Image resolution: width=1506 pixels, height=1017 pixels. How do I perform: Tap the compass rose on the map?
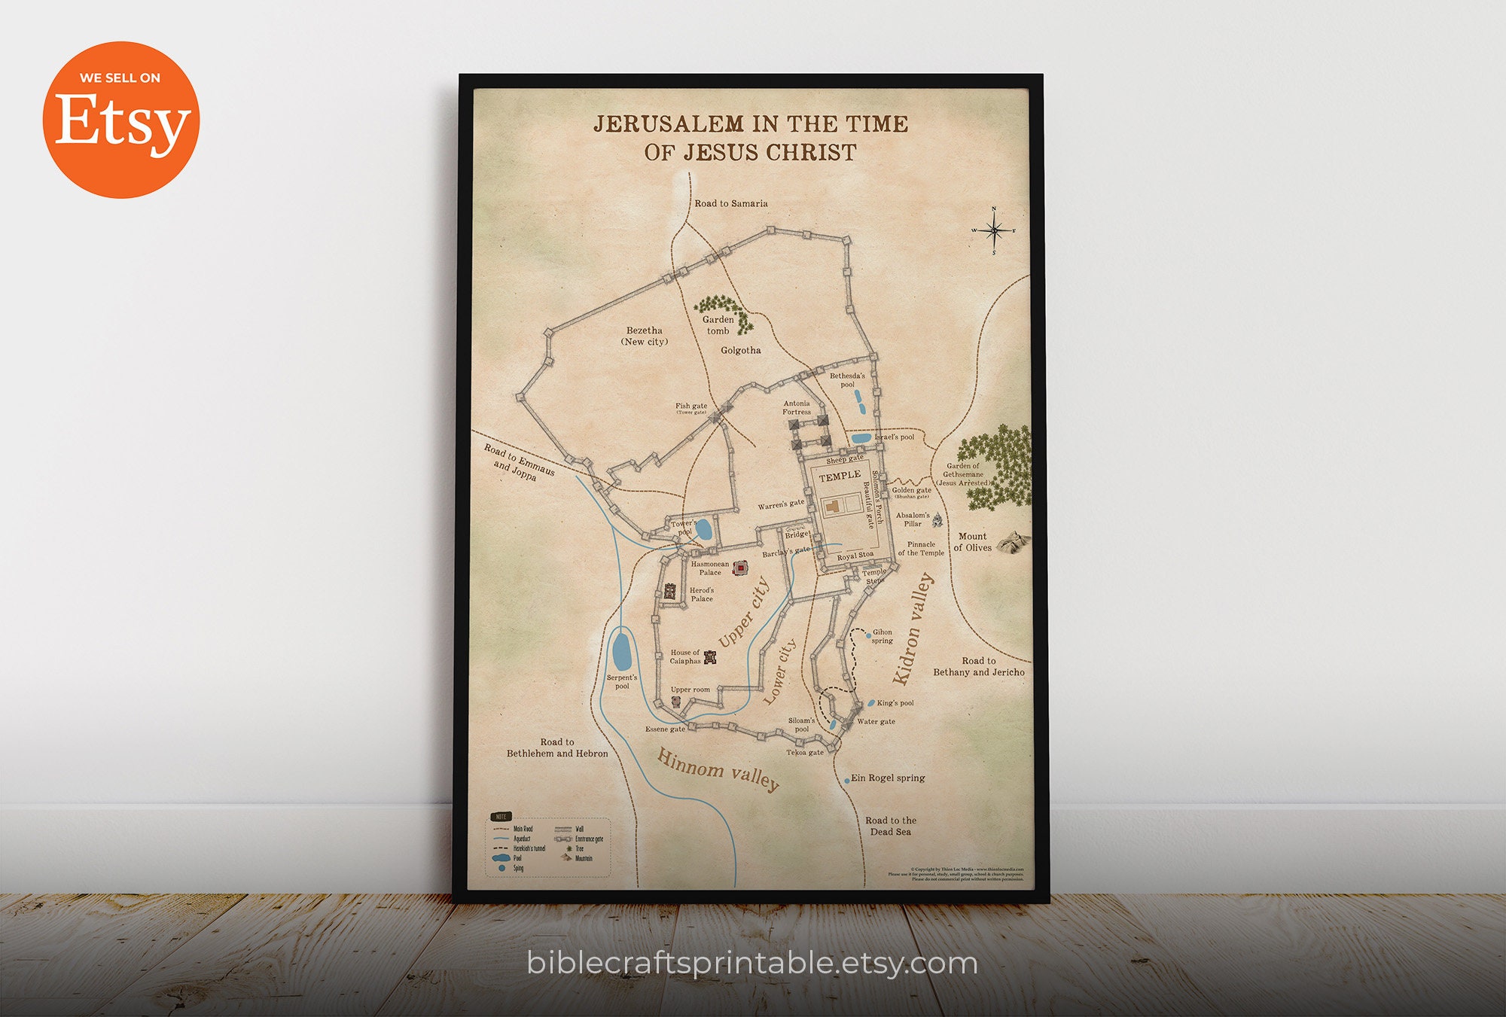[994, 230]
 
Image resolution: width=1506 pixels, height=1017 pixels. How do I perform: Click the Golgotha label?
[740, 350]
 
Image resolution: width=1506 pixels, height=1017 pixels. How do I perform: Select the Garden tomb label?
[718, 325]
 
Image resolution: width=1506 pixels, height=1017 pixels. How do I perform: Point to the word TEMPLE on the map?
[840, 476]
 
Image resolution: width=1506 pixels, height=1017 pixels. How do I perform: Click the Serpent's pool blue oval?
[622, 651]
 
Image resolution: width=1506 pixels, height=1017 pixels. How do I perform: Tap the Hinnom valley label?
[718, 769]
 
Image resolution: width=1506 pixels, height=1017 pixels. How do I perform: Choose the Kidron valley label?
[913, 629]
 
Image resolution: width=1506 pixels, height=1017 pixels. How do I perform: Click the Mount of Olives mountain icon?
[1013, 541]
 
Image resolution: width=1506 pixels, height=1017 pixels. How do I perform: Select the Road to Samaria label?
[730, 203]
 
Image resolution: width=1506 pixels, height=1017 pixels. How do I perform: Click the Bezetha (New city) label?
[645, 336]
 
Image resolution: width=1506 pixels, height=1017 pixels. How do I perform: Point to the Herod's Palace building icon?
[669, 591]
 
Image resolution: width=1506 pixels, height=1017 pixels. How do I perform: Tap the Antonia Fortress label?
[796, 407]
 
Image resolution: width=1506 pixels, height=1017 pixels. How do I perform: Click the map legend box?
[549, 847]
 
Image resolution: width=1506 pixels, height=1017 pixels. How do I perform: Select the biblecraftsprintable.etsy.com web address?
[752, 963]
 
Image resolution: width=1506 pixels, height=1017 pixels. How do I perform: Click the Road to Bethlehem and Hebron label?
[557, 748]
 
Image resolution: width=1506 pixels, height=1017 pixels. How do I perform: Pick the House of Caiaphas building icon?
[709, 656]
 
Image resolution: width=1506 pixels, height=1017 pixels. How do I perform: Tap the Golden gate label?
[911, 491]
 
